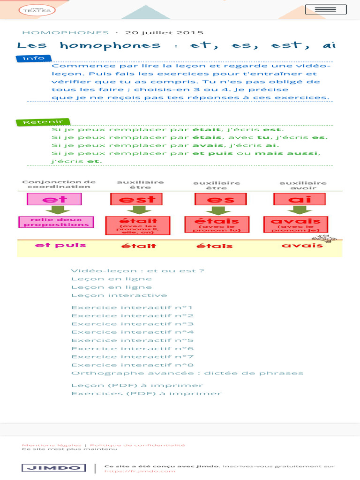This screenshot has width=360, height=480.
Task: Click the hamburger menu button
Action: [x=326, y=9]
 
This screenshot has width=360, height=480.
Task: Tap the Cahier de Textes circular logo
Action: [x=37, y=10]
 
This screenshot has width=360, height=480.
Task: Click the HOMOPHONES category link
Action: [x=65, y=33]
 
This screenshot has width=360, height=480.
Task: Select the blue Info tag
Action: [x=34, y=59]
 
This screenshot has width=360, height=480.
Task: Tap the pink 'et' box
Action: [x=54, y=199]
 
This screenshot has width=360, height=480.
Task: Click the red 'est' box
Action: [x=136, y=199]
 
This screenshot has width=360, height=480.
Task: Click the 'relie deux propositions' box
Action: [x=56, y=222]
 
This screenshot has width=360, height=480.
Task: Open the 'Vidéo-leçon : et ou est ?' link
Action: [x=137, y=270]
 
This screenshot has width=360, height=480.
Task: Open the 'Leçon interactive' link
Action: [x=119, y=295]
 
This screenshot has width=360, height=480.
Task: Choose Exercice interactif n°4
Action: [x=132, y=332]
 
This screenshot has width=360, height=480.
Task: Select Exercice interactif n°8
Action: [x=132, y=365]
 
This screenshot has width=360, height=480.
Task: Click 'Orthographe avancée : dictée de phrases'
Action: [x=187, y=373]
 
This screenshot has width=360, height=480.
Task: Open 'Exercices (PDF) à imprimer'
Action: [x=146, y=394]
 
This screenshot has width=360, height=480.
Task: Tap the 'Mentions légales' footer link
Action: [x=52, y=445]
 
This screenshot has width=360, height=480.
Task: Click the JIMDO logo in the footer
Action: [x=54, y=468]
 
